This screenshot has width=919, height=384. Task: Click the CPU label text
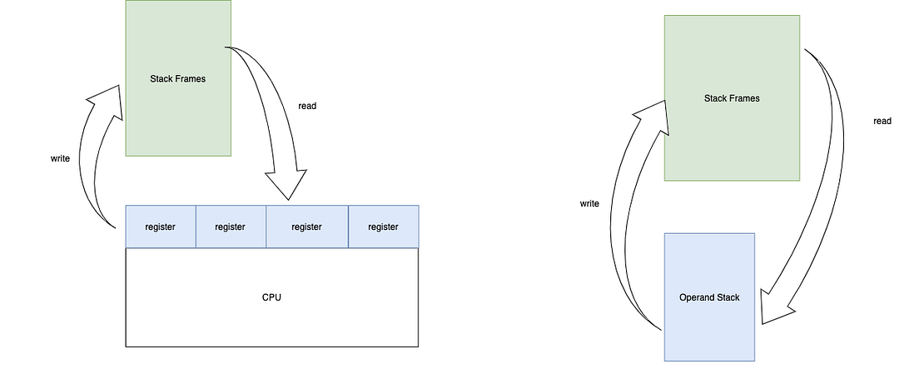tap(271, 297)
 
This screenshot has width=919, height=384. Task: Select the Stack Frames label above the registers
tap(177, 78)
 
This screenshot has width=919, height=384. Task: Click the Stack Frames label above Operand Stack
tap(732, 98)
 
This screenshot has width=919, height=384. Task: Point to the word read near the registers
tap(307, 106)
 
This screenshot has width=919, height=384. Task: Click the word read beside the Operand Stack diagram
tap(882, 121)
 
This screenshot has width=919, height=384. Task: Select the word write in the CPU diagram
tap(60, 157)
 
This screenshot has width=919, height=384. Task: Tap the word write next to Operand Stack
tap(589, 203)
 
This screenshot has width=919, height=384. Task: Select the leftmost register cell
tap(160, 227)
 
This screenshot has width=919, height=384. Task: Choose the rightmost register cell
tap(383, 227)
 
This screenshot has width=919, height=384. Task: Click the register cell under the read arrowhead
tap(306, 227)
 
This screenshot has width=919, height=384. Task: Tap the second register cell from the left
tap(231, 227)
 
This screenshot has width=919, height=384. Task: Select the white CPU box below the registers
tap(271, 317)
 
